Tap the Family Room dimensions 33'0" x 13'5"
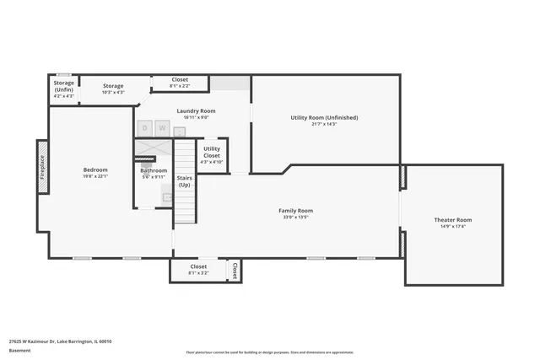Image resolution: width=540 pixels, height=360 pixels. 296,217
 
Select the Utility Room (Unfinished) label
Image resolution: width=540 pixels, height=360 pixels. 325,117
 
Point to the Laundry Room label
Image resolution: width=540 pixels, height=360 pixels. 196,111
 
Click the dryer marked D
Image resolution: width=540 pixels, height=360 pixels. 144,128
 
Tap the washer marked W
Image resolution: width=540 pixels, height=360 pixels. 161,128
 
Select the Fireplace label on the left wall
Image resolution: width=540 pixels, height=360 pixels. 42,166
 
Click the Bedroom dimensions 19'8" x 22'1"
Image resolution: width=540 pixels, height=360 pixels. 94,176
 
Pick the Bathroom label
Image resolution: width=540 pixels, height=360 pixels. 154,170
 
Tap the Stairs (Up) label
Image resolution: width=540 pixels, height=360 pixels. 184,181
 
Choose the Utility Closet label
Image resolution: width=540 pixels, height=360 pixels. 212,153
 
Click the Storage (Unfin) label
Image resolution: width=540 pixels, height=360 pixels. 64,86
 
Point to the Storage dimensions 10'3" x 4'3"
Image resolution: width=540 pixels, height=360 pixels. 113,92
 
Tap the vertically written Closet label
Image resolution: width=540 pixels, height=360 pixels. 235,270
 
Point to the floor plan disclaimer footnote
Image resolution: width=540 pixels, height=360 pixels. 269,352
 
